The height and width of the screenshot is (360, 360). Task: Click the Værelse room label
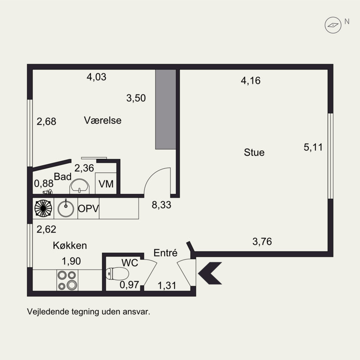103,120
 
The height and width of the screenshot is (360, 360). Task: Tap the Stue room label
254,153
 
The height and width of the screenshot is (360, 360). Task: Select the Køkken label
70,245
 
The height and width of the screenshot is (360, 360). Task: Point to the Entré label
165,253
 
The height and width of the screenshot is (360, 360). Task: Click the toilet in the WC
117,274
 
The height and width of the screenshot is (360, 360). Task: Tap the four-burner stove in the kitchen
67,280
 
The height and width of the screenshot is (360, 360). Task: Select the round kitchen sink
66,208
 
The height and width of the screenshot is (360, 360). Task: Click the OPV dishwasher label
88,208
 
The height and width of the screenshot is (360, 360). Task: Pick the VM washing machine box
106,183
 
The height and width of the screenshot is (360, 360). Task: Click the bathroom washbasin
80,186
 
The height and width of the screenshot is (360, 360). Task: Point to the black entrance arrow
210,273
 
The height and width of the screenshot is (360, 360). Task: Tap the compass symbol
333,25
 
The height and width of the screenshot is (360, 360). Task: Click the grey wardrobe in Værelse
166,109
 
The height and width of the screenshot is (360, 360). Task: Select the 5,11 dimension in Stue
313,147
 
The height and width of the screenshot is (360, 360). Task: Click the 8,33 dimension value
162,205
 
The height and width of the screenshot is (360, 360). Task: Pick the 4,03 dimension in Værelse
96,77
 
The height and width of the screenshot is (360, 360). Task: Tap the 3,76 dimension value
262,242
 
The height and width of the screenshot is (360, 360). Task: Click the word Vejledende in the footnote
48,312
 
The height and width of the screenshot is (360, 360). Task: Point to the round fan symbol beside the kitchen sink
43,208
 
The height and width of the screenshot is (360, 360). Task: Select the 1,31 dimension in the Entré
167,286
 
